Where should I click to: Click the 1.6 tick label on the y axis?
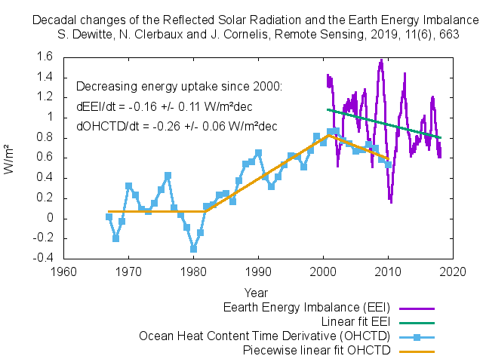(x=42, y=57)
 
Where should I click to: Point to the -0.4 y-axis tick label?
(x=41, y=259)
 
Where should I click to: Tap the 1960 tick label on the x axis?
(x=63, y=270)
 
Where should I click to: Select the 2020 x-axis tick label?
(x=452, y=270)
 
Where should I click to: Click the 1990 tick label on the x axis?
(x=258, y=270)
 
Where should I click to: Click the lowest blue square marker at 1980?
(x=194, y=248)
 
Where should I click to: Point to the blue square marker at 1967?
(x=109, y=217)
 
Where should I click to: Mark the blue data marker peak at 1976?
(x=168, y=175)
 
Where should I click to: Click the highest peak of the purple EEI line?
(x=381, y=60)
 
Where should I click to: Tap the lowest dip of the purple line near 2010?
(x=390, y=201)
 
